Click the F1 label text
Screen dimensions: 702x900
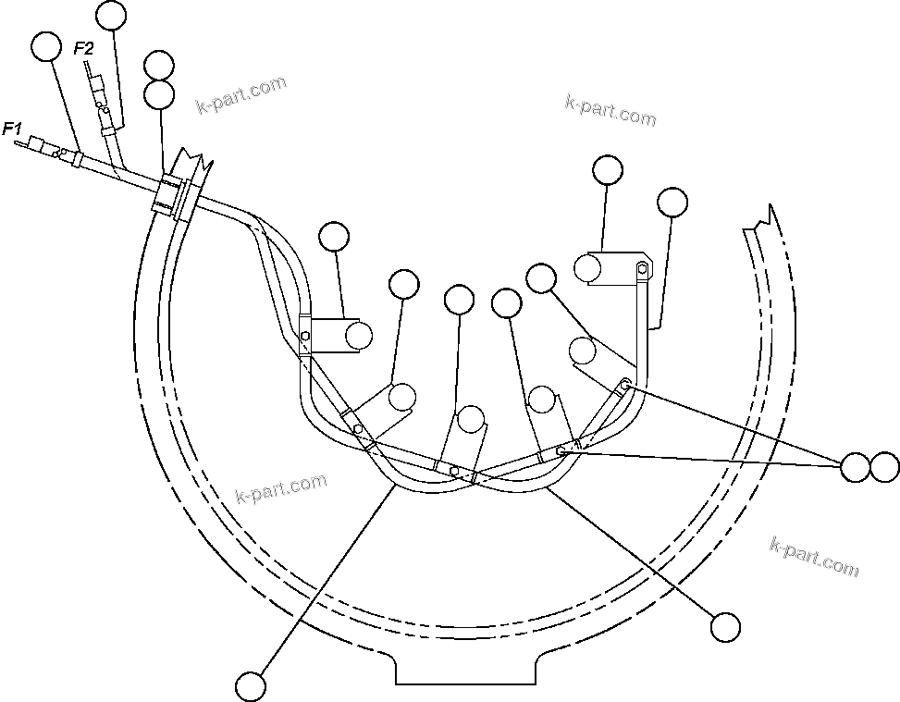pyautogui.click(x=13, y=129)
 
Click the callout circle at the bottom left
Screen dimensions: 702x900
pyautogui.click(x=251, y=686)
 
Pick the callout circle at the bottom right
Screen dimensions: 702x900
pyautogui.click(x=726, y=626)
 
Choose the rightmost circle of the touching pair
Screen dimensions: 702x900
pyautogui.click(x=884, y=467)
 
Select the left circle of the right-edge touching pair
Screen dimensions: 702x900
pyautogui.click(x=856, y=467)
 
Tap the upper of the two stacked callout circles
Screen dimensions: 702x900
pyautogui.click(x=159, y=67)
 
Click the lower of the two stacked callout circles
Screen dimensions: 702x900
pyautogui.click(x=160, y=93)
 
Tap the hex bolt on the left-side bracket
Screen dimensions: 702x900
pyautogui.click(x=305, y=335)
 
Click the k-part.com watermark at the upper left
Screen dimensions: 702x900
pyautogui.click(x=242, y=95)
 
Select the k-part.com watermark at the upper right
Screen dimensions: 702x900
pyautogui.click(x=610, y=110)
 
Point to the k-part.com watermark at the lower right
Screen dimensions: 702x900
pyautogui.click(x=813, y=555)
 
